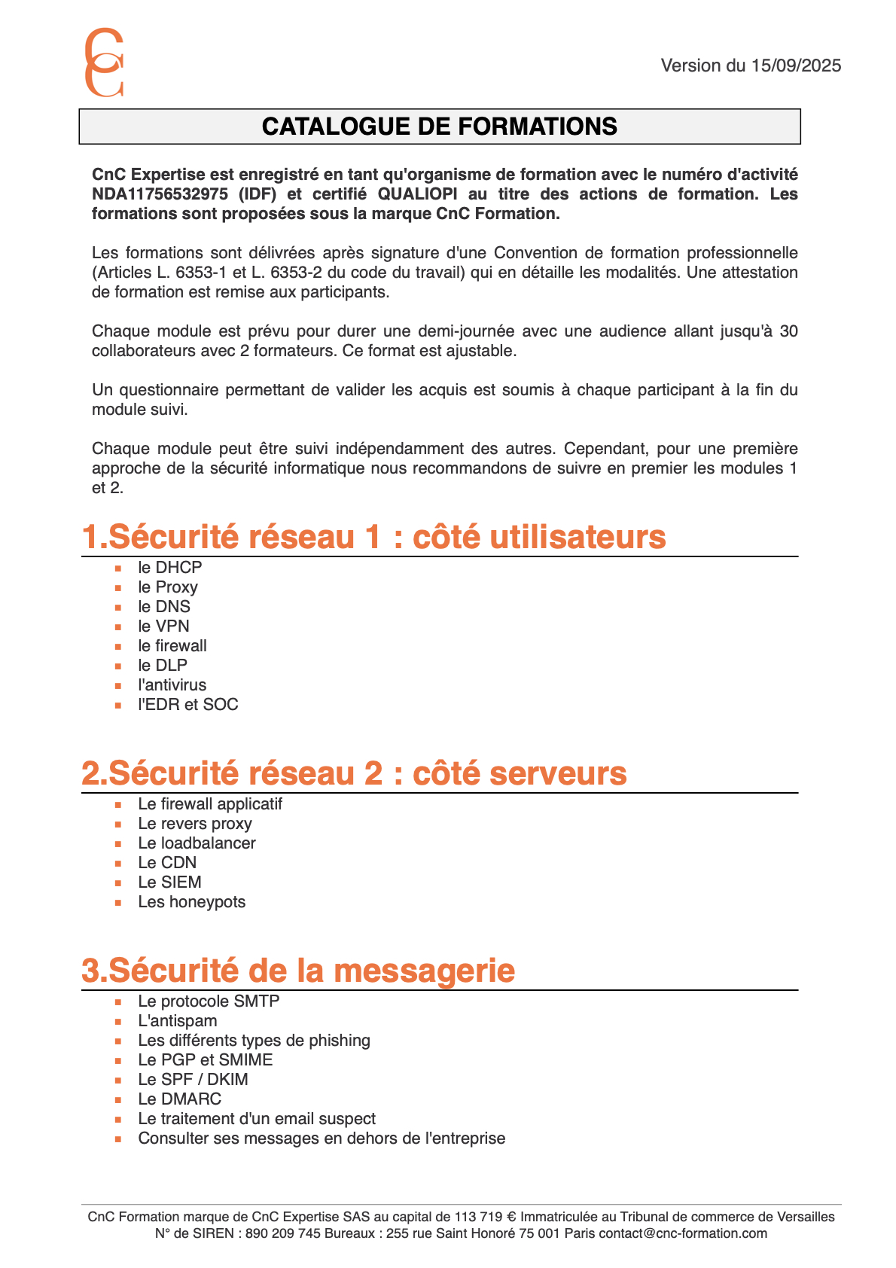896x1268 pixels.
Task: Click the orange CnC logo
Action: point(103,62)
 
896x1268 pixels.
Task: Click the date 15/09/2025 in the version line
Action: point(796,66)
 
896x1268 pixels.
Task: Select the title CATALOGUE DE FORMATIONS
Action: point(439,126)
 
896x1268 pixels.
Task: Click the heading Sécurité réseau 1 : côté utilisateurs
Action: point(373,537)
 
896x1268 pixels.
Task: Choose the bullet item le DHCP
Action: point(169,568)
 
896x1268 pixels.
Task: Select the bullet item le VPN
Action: point(163,626)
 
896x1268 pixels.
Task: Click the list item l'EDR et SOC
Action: point(187,705)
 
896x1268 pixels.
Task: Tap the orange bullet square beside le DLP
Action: point(118,666)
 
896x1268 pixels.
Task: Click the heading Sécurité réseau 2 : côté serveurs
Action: point(354,773)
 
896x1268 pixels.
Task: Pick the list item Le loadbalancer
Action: point(197,843)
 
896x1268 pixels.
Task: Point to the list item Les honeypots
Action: point(191,902)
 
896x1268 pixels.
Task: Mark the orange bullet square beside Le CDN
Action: point(118,864)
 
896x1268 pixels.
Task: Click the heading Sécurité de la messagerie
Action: point(298,971)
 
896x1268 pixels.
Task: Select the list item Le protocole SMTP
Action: point(209,1001)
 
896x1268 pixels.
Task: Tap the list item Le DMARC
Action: point(179,1099)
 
